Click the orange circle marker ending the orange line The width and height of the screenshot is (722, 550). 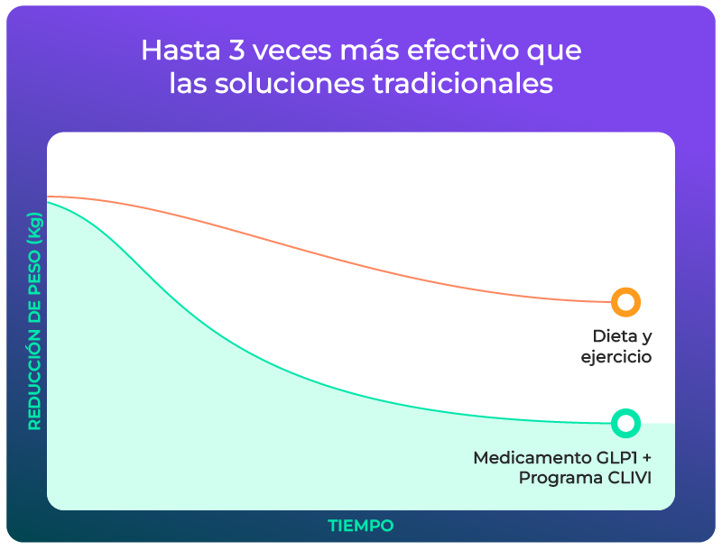pos(625,302)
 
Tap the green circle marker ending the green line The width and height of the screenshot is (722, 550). pos(625,422)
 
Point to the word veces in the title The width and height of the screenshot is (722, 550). pos(271,50)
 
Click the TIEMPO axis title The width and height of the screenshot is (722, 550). pos(360,525)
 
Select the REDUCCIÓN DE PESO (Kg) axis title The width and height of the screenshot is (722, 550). pos(34,320)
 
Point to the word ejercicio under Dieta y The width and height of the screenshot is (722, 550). pos(616,358)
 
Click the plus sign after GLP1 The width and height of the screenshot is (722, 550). pos(646,458)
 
